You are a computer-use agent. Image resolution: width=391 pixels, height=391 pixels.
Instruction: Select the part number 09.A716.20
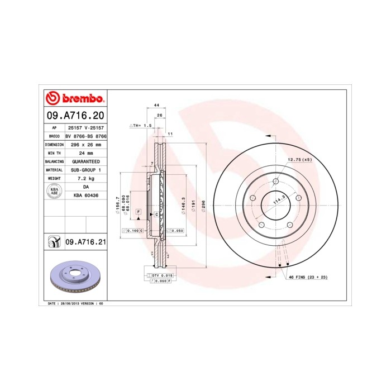tap(75, 117)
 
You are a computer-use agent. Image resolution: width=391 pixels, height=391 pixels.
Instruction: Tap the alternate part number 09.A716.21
tap(85, 242)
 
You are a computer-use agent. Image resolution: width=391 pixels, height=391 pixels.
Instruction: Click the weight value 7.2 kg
tap(86, 178)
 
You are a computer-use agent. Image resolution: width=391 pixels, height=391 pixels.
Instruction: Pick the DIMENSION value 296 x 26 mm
tap(86, 144)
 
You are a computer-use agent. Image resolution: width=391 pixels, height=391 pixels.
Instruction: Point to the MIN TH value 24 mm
tap(86, 152)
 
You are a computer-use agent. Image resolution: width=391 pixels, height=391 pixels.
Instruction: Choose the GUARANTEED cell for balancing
tap(86, 161)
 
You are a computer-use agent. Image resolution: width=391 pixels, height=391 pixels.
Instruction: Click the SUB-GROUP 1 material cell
tap(86, 169)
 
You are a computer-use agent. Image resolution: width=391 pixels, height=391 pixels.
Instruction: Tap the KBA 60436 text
tap(86, 195)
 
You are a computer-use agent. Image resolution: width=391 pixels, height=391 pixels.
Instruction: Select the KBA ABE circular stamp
tap(54, 191)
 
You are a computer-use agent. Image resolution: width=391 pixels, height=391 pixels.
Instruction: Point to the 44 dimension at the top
tap(157, 105)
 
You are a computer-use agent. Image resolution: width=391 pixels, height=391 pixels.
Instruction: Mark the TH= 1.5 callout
tap(141, 126)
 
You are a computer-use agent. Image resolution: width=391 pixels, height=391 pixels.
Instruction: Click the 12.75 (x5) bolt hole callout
tap(299, 160)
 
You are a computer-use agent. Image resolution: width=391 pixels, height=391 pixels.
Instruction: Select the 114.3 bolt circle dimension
tap(275, 199)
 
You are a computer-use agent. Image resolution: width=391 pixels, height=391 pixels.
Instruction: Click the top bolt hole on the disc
tap(276, 180)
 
